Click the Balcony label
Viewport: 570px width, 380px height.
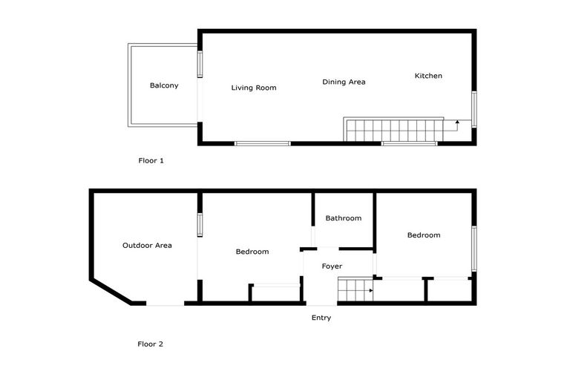coord(164,85)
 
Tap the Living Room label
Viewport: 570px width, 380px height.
coord(254,88)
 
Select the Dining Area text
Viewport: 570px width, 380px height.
coord(344,82)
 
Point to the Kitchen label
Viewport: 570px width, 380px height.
coord(428,76)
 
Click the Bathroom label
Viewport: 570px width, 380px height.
coord(344,218)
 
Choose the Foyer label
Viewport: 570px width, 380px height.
coord(332,266)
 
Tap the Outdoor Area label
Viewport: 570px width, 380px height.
coord(147,245)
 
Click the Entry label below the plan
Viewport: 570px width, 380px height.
coord(321,318)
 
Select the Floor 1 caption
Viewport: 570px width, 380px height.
coord(151,160)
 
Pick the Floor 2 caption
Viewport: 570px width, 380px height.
coord(150,344)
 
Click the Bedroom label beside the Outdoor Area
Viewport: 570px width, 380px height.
coord(252,252)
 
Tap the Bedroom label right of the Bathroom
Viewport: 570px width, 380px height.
coord(424,235)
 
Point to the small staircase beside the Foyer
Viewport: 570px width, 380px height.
coord(354,289)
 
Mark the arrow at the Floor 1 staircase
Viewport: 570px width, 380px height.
coord(457,122)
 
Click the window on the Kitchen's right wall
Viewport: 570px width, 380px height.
coord(474,109)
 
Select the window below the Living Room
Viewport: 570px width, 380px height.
coord(263,143)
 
